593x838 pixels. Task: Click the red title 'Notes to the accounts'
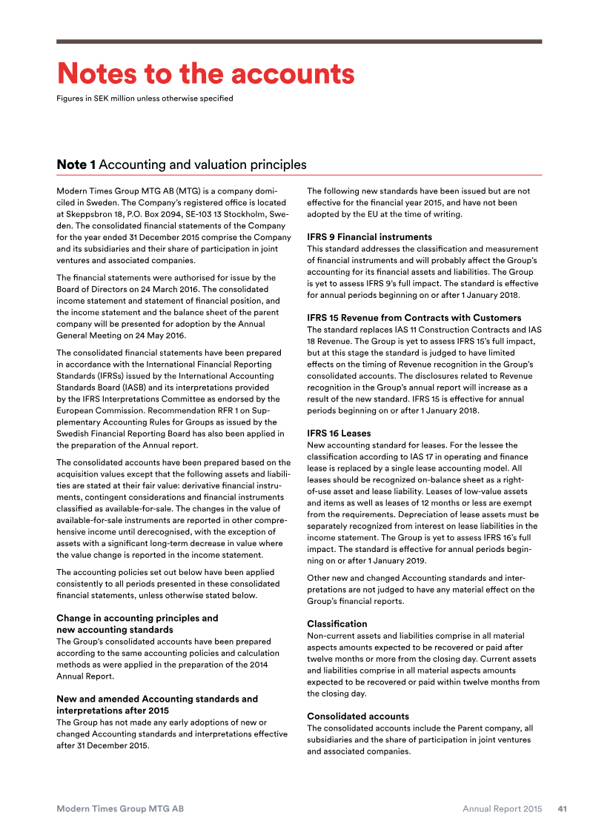tap(205, 74)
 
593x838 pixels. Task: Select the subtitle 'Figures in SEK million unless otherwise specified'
tap(145, 99)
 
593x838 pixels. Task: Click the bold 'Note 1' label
tap(76, 164)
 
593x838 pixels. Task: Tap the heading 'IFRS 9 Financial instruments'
tap(369, 237)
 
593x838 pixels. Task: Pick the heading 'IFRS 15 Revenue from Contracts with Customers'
tap(414, 318)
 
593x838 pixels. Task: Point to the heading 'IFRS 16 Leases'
tap(339, 433)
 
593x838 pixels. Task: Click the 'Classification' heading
tap(337, 624)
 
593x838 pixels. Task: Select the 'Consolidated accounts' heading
tap(358, 716)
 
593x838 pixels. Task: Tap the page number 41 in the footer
tap(563, 808)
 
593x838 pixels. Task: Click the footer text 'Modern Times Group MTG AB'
tap(120, 808)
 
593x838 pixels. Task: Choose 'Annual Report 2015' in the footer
tap(502, 808)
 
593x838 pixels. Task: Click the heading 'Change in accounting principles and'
tap(137, 618)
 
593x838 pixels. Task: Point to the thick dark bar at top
tap(299, 41)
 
